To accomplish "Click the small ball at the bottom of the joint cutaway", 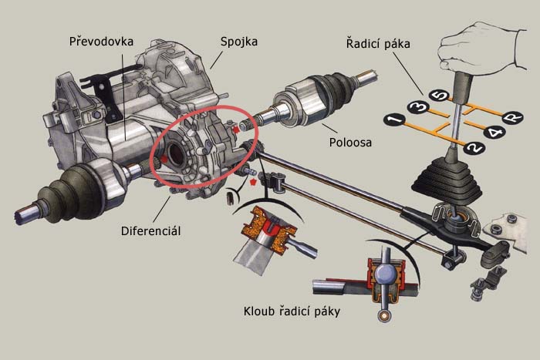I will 382,317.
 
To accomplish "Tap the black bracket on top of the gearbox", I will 96,81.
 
